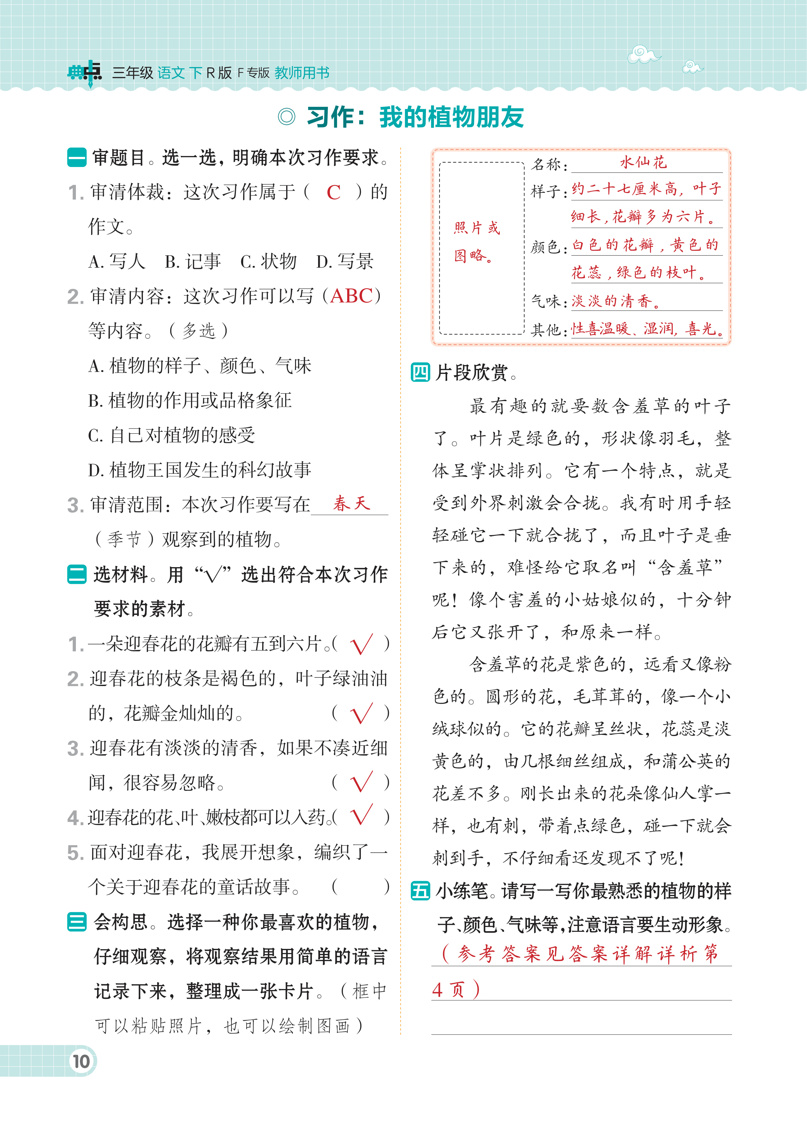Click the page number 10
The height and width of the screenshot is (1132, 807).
pos(81,1061)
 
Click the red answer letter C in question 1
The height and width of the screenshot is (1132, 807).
pos(333,192)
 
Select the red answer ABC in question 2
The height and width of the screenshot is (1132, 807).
pos(351,296)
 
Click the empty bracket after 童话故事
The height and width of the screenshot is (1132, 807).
pos(360,887)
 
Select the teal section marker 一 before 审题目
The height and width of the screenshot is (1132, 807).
pos(77,158)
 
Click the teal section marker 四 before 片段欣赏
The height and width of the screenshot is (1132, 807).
pos(420,372)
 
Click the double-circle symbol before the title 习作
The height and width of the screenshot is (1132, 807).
pos(287,117)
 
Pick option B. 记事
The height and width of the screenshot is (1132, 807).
pos(193,261)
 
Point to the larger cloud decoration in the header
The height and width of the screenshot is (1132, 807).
pos(644,54)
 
